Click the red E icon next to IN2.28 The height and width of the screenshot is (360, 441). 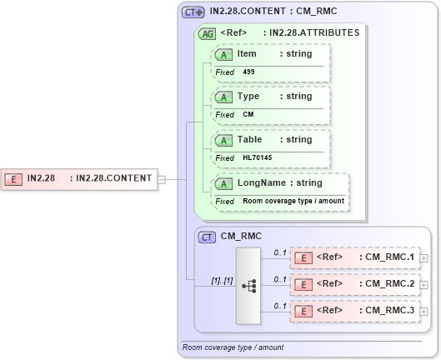tap(14, 177)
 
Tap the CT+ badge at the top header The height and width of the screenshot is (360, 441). tap(193, 12)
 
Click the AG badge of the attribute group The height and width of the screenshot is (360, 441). tap(206, 33)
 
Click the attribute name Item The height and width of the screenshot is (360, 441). tap(247, 53)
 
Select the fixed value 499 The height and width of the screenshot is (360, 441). tap(249, 72)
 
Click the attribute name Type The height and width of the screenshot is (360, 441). tap(249, 96)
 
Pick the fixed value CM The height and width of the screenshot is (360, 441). tap(248, 115)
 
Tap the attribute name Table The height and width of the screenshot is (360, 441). tap(250, 139)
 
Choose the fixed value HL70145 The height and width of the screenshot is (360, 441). tap(258, 157)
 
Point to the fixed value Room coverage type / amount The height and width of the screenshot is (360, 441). tap(293, 201)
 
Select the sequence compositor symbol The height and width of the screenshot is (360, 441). tap(248, 284)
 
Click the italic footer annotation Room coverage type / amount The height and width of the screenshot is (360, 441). tap(233, 347)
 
